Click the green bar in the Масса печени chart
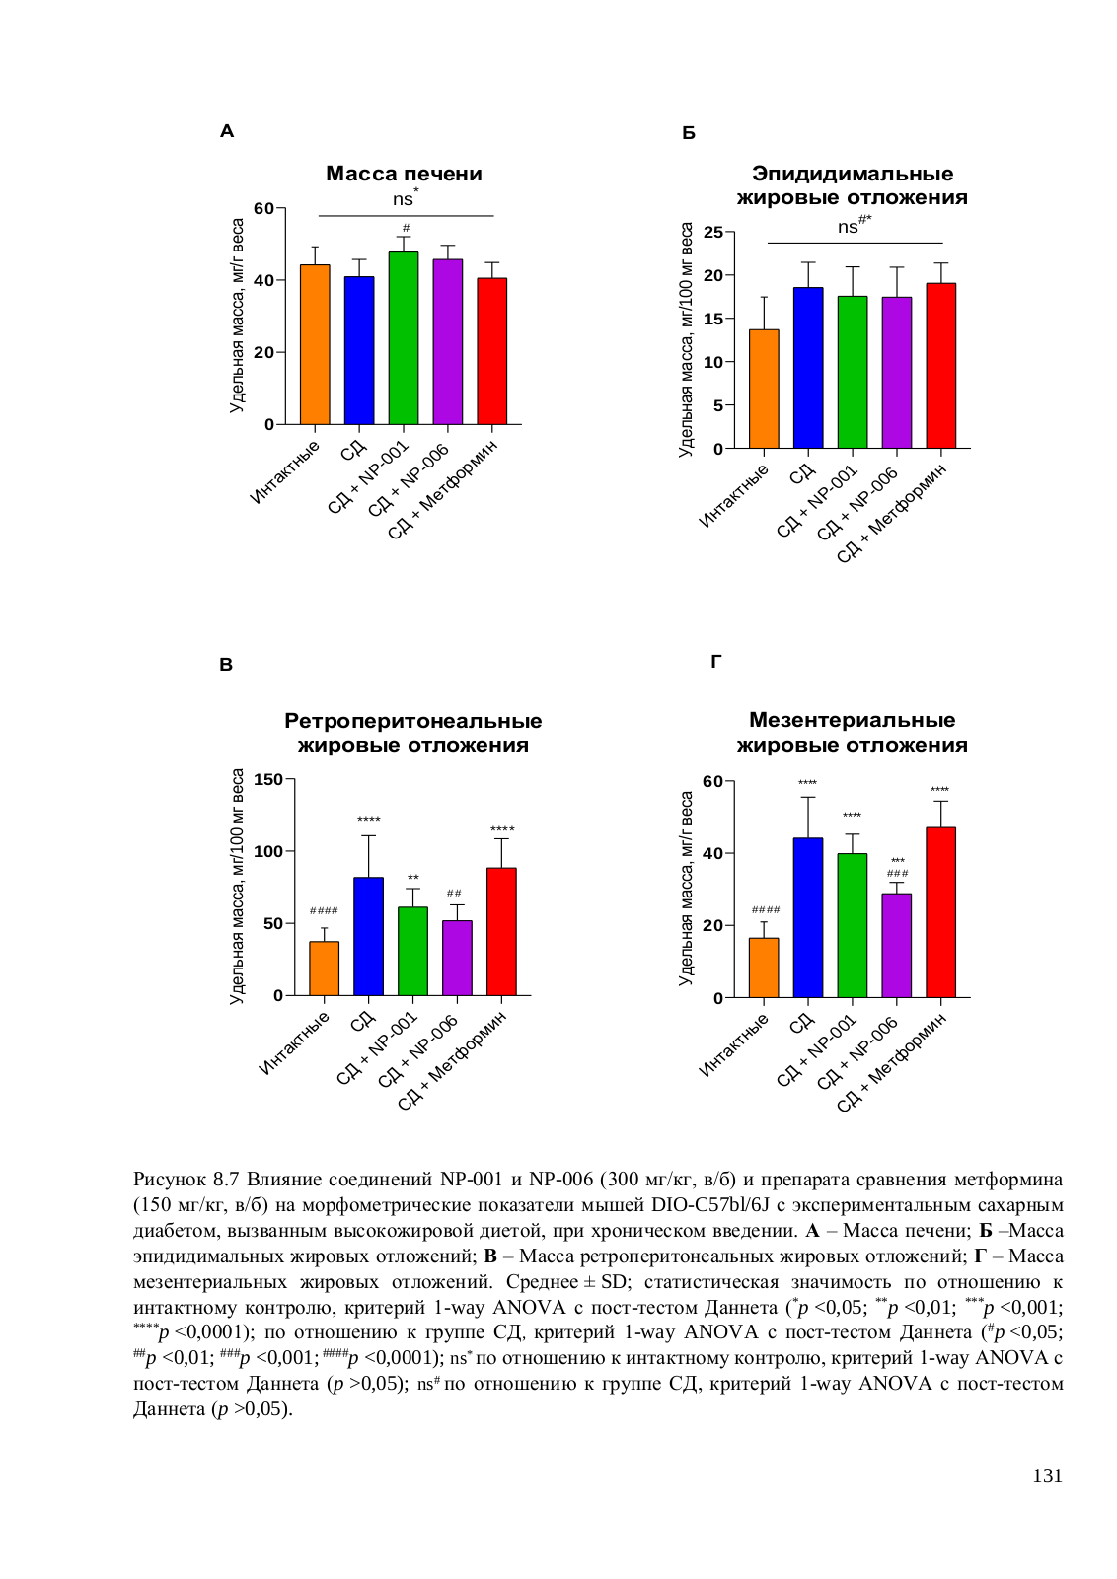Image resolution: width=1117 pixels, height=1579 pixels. point(404,337)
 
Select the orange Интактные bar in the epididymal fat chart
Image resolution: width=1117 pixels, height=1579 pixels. point(764,389)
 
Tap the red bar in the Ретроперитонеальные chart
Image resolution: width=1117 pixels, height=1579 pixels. point(501,931)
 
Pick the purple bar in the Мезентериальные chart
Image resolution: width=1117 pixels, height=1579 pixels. point(896,945)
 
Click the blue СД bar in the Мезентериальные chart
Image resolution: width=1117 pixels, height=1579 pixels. point(808,917)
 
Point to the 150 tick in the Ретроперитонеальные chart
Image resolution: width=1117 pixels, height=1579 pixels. point(268,779)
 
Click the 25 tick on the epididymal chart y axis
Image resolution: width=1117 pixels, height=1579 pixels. point(713,232)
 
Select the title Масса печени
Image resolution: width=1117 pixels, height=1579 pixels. point(404,174)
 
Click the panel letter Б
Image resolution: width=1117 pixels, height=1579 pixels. point(689,133)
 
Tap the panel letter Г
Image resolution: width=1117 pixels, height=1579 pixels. point(715,661)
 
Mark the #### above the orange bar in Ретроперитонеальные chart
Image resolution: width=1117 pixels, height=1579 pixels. point(324,910)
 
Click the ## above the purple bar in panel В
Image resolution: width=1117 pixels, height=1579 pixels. point(454,894)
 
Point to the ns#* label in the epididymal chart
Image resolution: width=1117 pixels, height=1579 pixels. point(855,225)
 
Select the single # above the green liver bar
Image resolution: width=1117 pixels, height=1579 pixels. point(406,228)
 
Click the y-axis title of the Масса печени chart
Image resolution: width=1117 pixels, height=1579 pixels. point(237,315)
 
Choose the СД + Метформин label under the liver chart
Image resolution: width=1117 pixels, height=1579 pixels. point(443,489)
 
